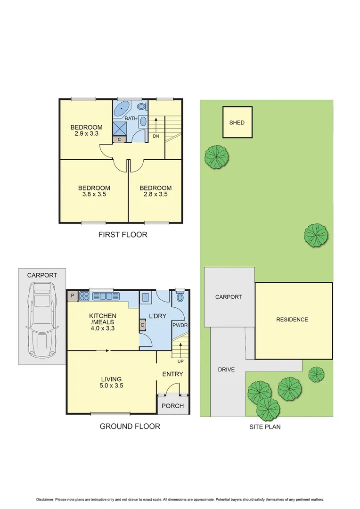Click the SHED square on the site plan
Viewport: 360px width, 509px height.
click(x=237, y=123)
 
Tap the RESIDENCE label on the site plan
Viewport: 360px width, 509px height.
click(x=292, y=320)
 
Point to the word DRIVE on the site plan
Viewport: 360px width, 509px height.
click(x=226, y=369)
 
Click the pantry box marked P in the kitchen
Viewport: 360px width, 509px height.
click(x=73, y=296)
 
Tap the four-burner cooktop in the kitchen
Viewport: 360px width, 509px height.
click(x=85, y=296)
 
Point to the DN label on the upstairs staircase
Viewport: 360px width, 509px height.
click(x=156, y=136)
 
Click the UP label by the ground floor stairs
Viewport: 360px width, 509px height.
click(x=180, y=361)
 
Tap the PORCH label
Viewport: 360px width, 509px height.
click(x=172, y=406)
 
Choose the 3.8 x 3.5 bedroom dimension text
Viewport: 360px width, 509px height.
click(x=94, y=194)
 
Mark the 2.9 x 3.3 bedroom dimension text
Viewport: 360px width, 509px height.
click(x=86, y=133)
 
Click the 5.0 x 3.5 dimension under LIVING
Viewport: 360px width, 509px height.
click(x=111, y=385)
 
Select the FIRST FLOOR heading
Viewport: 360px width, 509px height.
click(x=123, y=234)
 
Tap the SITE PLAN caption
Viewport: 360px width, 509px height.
click(x=265, y=427)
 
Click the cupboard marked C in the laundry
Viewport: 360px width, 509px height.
click(x=142, y=325)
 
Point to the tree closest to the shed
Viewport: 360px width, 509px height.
click(x=216, y=156)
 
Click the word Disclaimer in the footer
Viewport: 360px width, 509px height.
click(x=45, y=499)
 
